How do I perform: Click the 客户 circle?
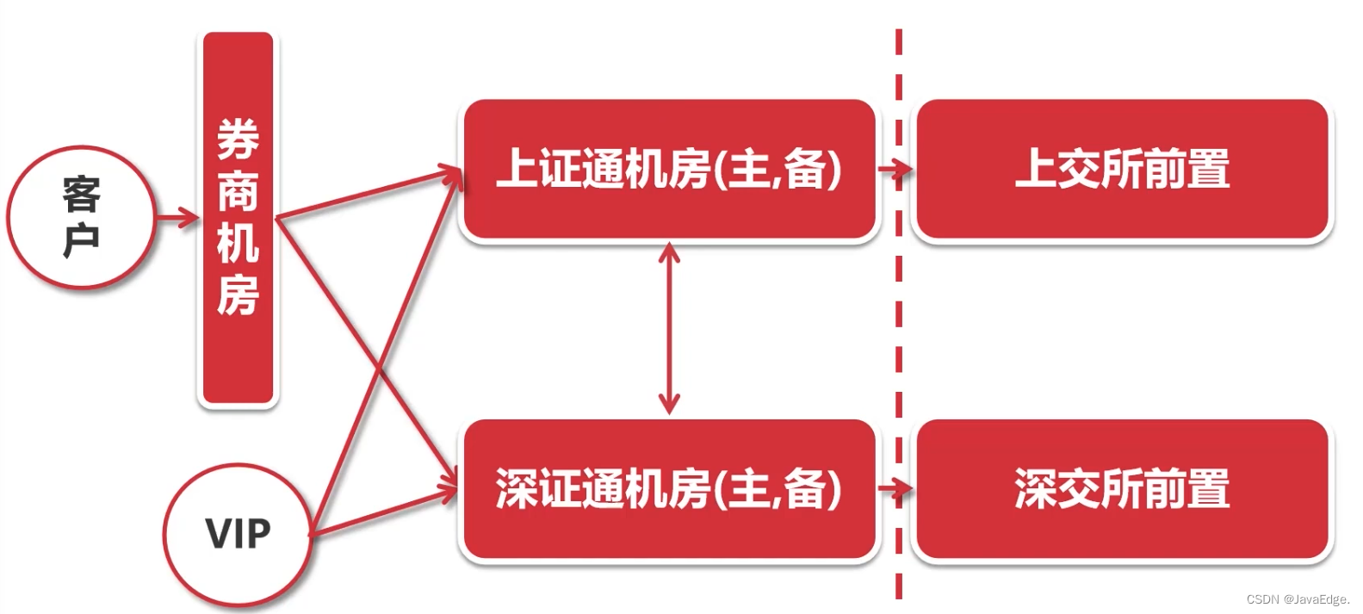tap(81, 217)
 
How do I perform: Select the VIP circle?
tap(237, 534)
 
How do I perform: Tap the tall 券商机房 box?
tap(238, 218)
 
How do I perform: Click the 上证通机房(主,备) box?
tap(669, 169)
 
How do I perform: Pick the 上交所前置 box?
tap(1123, 169)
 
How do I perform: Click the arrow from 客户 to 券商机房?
tap(177, 217)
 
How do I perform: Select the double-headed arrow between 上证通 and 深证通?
tap(669, 328)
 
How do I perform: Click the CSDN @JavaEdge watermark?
tap(1298, 599)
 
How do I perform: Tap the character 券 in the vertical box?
tap(238, 140)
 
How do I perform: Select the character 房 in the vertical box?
tap(238, 295)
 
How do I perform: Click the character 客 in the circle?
tap(81, 195)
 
